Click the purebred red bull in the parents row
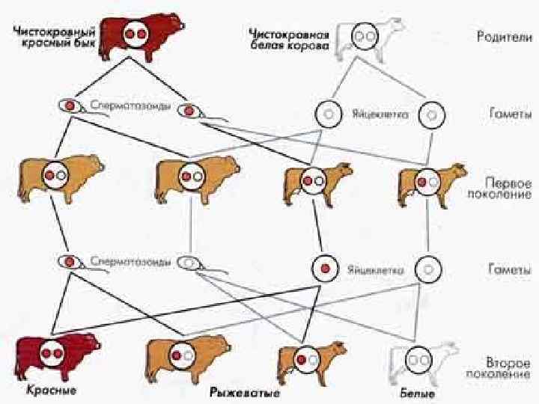tap(142, 34)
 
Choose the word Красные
tap(51, 391)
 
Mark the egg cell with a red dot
tap(324, 268)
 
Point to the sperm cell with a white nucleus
tap(192, 263)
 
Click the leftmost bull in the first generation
tap(52, 178)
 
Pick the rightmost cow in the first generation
tap(427, 182)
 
